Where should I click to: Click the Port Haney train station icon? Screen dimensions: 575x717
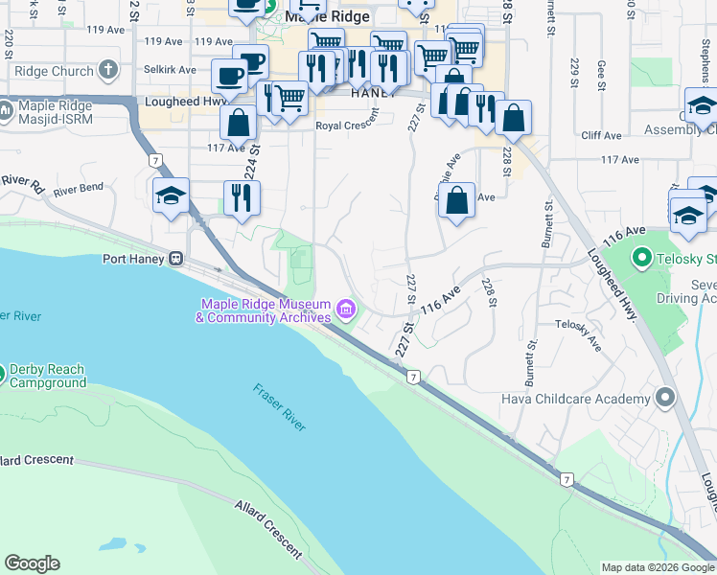point(176,259)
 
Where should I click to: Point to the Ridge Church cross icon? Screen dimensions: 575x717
point(108,71)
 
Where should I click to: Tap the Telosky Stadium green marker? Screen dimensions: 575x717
point(641,258)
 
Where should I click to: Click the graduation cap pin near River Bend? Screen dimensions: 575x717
point(172,196)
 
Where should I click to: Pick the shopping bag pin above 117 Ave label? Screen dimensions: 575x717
point(238,122)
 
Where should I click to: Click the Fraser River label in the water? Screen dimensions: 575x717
point(281,406)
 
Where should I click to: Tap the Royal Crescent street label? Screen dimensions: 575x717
point(348,126)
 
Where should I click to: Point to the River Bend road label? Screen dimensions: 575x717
point(78,191)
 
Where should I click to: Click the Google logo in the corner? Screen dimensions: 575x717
point(32,563)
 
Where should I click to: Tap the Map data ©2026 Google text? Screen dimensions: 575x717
point(657,567)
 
